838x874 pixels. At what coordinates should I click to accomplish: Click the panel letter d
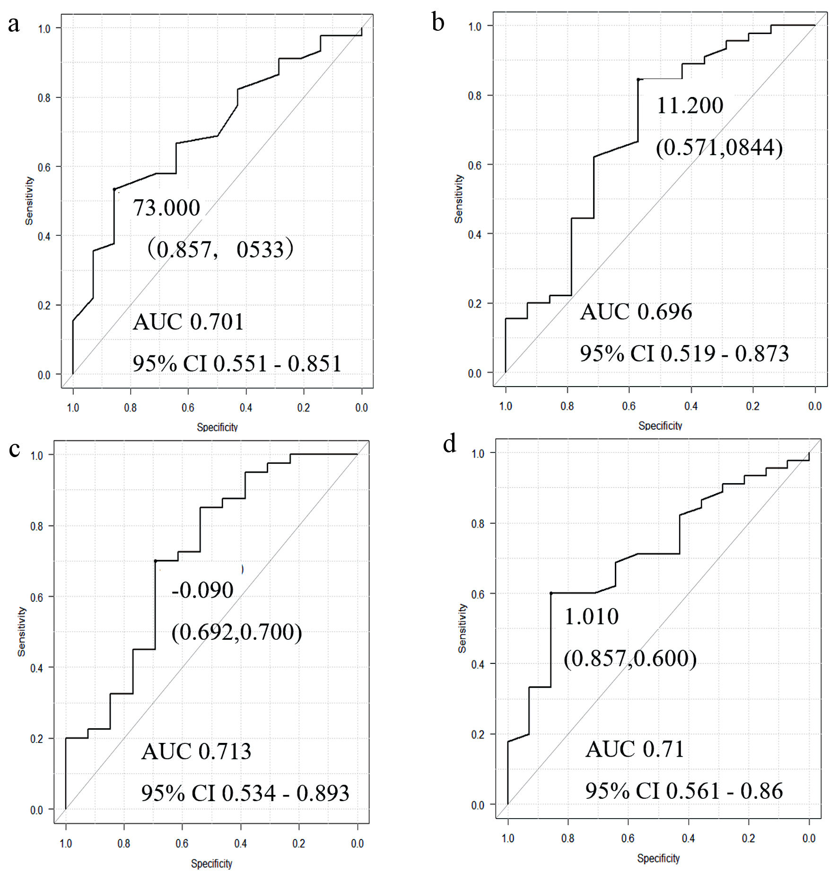click(x=449, y=444)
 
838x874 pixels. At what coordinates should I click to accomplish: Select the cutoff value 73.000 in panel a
click(x=166, y=208)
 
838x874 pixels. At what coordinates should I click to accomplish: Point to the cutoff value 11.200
click(x=690, y=106)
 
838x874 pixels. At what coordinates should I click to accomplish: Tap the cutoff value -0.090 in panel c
click(x=202, y=590)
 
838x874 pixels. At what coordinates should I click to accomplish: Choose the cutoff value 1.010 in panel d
click(x=591, y=617)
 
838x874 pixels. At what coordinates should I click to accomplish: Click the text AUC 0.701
click(x=188, y=322)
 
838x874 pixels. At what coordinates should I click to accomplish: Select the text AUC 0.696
click(x=636, y=312)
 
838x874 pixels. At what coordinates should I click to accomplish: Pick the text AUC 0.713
click(x=196, y=751)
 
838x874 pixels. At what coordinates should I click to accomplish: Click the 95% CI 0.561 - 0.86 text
click(x=684, y=791)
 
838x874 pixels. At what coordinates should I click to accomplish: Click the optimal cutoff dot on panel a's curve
click(x=114, y=189)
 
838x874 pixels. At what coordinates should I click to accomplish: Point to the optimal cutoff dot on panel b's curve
click(x=638, y=79)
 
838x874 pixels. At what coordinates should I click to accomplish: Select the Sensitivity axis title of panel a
click(x=29, y=201)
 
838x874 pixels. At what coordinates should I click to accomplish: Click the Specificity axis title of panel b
click(x=660, y=425)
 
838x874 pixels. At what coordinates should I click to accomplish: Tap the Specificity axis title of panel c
click(x=211, y=864)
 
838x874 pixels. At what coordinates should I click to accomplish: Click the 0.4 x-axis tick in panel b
click(x=691, y=406)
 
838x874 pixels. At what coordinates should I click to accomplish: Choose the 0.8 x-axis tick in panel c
click(x=124, y=843)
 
